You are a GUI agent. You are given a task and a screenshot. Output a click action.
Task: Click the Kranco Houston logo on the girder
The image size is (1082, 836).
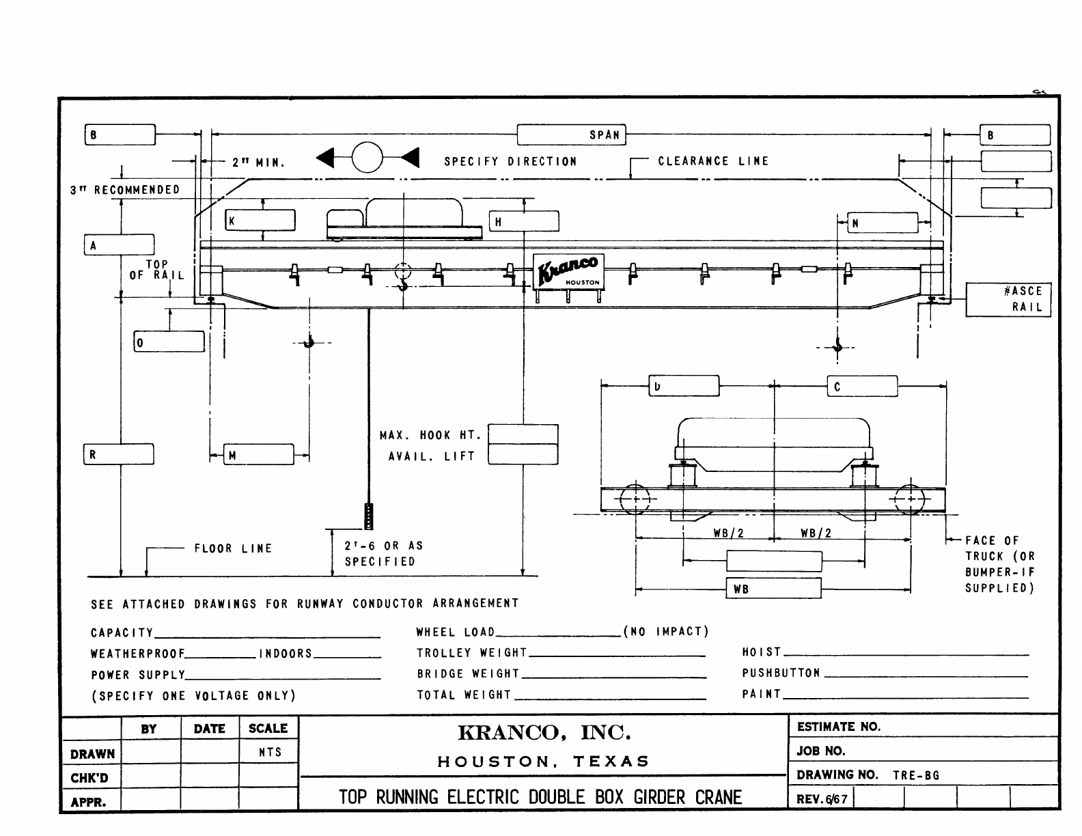click(x=568, y=271)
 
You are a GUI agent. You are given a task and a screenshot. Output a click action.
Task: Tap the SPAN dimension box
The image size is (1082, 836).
click(x=571, y=135)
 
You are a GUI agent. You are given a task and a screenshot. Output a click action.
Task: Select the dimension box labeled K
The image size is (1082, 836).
click(x=261, y=221)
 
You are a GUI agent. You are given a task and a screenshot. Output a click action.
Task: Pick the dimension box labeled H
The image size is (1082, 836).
click(x=524, y=221)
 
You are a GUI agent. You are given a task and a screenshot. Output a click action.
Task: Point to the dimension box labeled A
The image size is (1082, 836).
click(x=120, y=245)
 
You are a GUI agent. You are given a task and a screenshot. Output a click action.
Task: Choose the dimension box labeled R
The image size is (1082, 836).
click(x=120, y=454)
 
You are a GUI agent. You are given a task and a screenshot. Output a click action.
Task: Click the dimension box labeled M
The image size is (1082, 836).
click(x=260, y=455)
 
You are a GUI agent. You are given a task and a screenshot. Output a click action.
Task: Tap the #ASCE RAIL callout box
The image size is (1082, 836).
click(x=1008, y=299)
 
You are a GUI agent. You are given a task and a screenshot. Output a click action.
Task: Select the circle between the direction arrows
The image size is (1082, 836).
click(x=367, y=158)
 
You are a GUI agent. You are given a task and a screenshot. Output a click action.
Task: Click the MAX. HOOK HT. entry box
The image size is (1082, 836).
click(x=523, y=434)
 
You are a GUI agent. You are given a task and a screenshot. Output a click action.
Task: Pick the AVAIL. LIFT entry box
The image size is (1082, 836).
click(x=523, y=455)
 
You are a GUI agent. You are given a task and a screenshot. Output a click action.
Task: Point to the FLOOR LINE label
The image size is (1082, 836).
click(x=233, y=548)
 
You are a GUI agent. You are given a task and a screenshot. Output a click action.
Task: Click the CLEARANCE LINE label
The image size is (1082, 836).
click(x=713, y=161)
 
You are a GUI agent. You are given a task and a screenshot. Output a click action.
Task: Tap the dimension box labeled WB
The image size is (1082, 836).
click(x=773, y=588)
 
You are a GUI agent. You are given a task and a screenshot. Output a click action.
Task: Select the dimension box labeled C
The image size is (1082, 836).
click(x=863, y=386)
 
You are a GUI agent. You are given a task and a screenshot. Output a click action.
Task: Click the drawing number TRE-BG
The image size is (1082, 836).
click(x=916, y=775)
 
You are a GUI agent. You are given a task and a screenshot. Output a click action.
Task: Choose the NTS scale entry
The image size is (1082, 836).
click(x=270, y=753)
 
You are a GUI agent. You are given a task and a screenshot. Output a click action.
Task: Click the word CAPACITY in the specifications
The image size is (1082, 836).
click(x=122, y=632)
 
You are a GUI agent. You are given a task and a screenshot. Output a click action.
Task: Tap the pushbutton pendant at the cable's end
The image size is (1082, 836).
click(x=369, y=516)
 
